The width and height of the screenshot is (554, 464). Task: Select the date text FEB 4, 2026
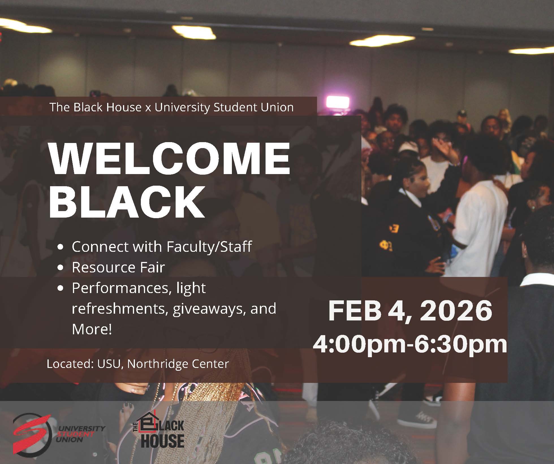pos(410,310)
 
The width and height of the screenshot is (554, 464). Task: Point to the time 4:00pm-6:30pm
pos(410,344)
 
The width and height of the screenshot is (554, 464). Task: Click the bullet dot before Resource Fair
pos(60,267)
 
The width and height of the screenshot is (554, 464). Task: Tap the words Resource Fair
pos(118,267)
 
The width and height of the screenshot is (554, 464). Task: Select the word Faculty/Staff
pos(209,247)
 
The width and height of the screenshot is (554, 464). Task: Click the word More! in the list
pos(92,329)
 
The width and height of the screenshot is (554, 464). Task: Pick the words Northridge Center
pos(178,364)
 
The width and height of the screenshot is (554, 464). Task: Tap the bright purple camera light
pos(338,102)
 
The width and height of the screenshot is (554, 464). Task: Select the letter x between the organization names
pos(148,108)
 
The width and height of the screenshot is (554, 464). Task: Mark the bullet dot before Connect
pos(60,247)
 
